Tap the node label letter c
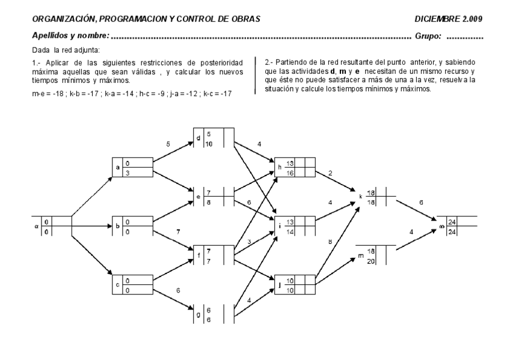tap(118, 285)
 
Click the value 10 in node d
tap(209, 144)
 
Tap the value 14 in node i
tap(289, 231)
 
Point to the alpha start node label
tap(37, 226)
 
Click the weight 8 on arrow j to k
tap(330, 243)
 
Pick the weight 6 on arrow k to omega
tap(420, 203)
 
